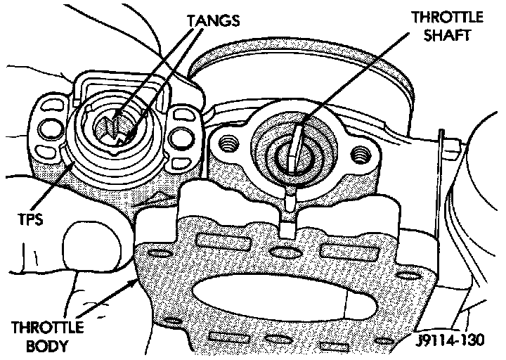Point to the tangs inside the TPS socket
(118, 127)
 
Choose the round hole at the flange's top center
(282, 253)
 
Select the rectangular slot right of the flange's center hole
(342, 250)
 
